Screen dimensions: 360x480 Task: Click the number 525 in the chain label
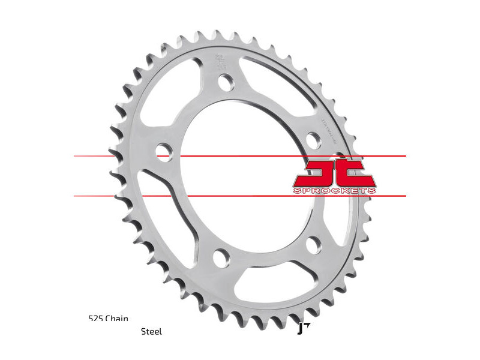pos(95,319)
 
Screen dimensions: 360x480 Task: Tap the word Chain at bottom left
pos(116,319)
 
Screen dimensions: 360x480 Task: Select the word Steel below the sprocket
pos(151,331)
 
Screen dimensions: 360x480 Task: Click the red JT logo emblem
pos(334,172)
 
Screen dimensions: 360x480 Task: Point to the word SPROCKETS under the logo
pos(334,190)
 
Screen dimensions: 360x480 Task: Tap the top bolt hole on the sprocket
pos(225,82)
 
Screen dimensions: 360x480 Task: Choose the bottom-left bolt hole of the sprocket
pos(221,259)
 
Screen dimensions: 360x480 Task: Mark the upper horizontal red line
pos(240,156)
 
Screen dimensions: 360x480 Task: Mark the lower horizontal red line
pos(240,196)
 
